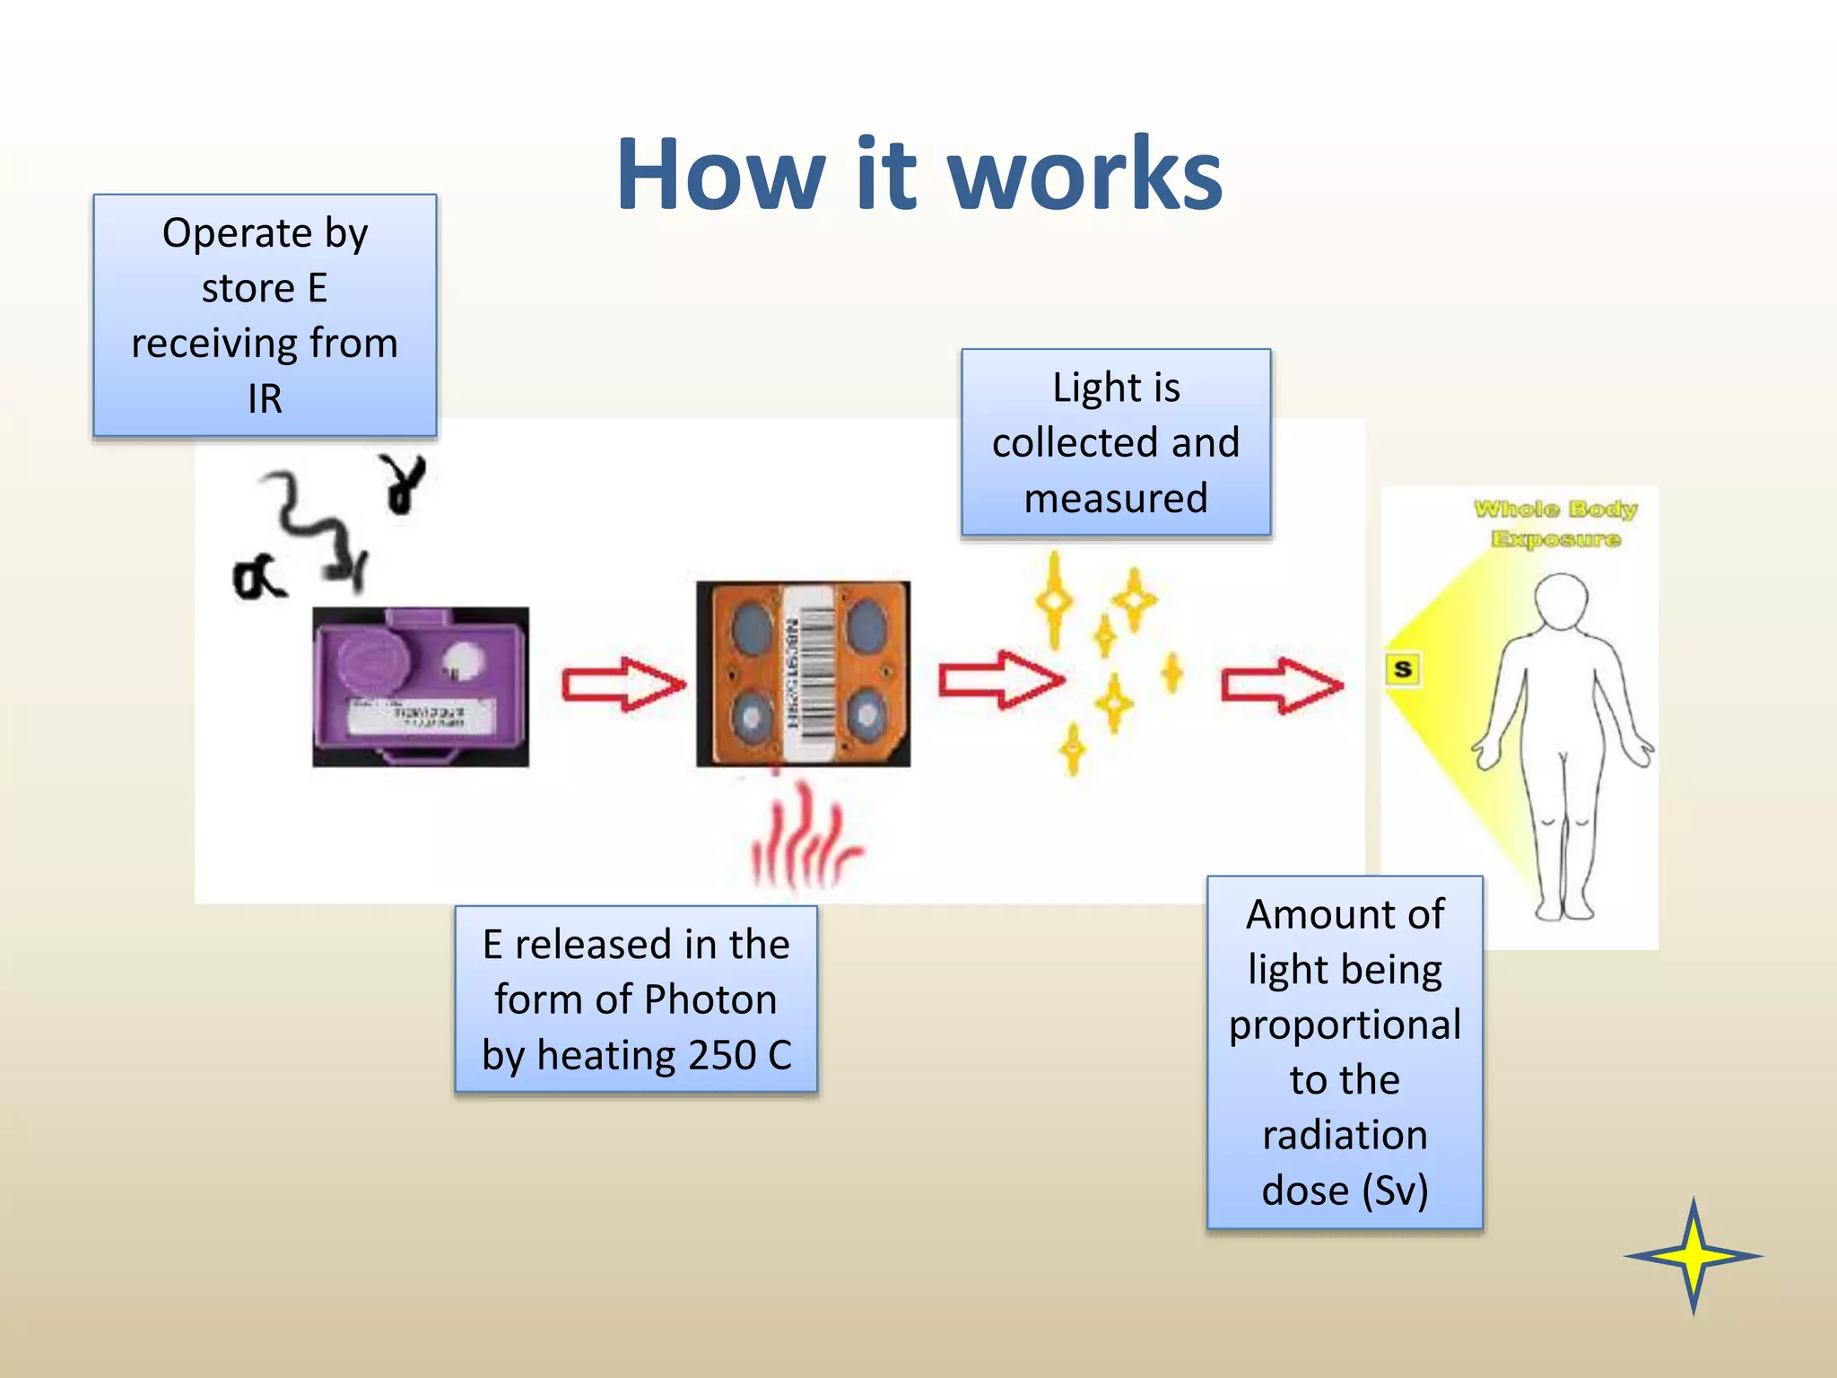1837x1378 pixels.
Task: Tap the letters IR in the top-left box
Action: click(265, 398)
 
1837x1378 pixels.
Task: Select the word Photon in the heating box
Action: click(710, 999)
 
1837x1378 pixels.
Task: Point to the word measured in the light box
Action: click(1116, 498)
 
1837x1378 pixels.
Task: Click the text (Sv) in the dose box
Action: click(1394, 1190)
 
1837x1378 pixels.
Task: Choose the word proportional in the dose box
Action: click(1345, 1025)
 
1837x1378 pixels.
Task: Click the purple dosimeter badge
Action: click(420, 686)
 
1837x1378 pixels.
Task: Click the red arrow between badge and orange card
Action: click(622, 685)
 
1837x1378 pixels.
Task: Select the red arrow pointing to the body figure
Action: click(1281, 685)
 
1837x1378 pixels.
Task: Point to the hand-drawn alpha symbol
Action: click(257, 579)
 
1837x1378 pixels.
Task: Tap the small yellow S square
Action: click(1403, 669)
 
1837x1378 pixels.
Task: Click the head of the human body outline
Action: click(1561, 601)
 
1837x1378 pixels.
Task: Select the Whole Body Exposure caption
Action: click(1555, 524)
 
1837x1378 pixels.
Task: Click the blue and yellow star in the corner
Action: click(1693, 1256)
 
